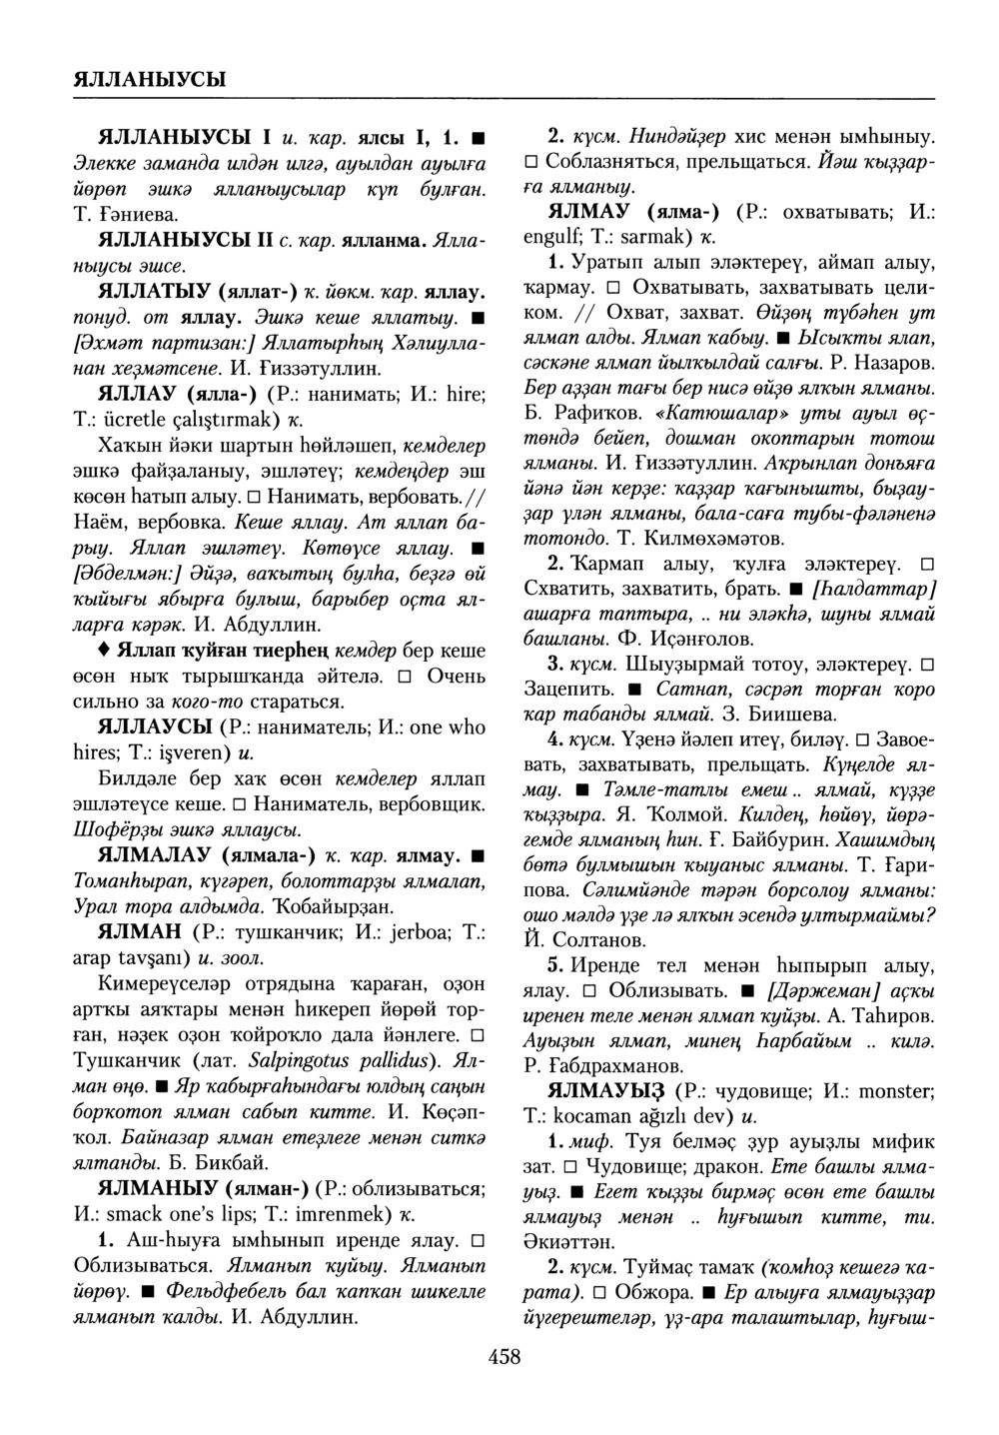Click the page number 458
(504, 1356)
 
